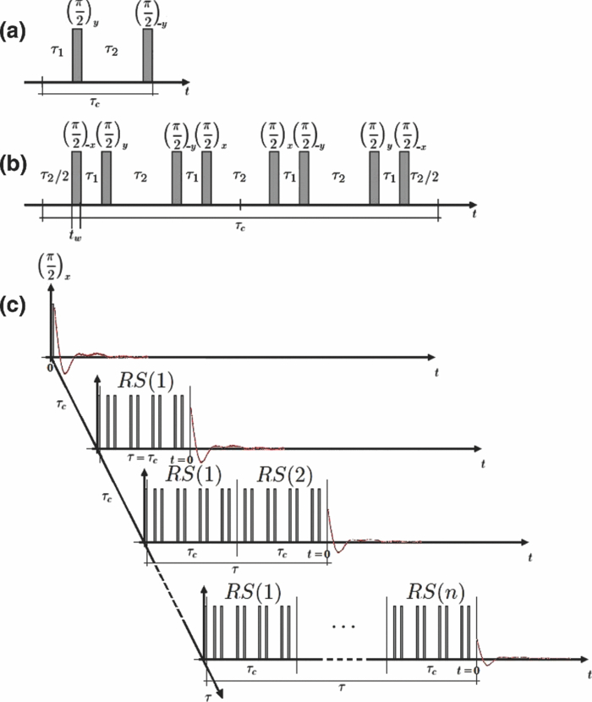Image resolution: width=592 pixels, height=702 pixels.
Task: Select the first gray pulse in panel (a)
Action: (x=77, y=56)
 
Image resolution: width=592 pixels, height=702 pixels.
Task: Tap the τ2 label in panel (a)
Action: (x=111, y=52)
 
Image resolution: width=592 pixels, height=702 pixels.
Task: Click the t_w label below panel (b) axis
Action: (x=74, y=225)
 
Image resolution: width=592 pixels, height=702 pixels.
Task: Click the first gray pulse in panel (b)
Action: (x=76, y=178)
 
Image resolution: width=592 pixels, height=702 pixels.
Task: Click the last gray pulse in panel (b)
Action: (x=404, y=178)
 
